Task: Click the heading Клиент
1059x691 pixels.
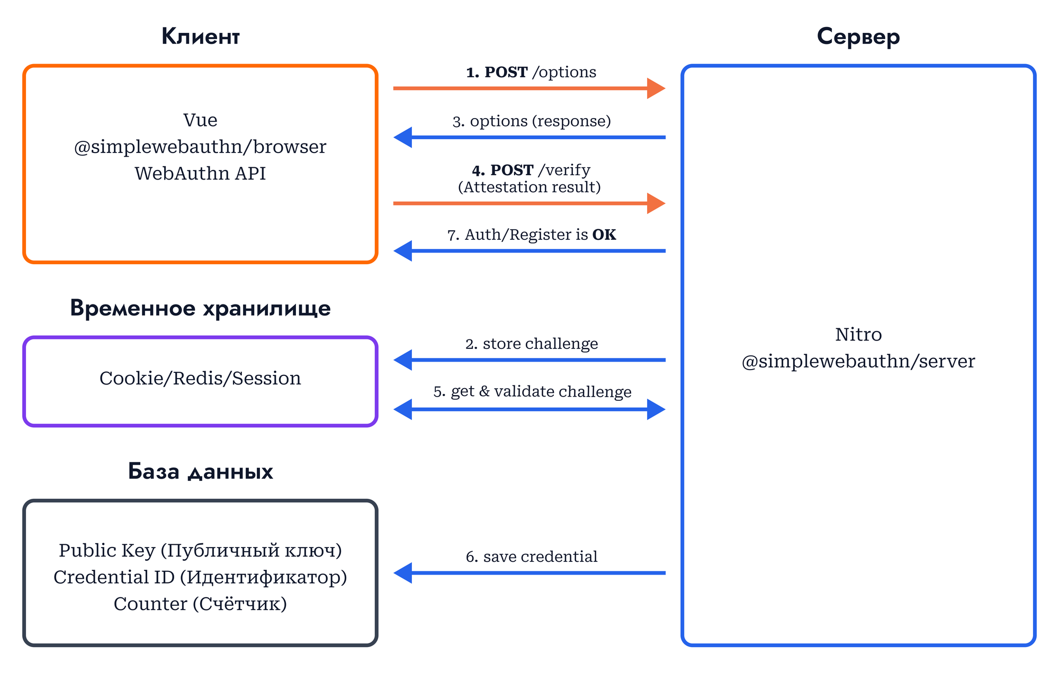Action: coord(200,37)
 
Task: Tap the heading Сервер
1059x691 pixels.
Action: coord(858,37)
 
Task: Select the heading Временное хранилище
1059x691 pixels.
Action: coord(200,308)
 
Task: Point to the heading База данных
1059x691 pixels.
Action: coord(200,471)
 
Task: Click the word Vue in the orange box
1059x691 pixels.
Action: coord(200,120)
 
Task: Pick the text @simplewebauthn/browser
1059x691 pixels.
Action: coord(200,147)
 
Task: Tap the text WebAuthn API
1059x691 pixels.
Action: coord(200,174)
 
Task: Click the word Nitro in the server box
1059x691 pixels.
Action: coord(858,335)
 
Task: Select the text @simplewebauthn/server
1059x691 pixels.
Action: coord(858,361)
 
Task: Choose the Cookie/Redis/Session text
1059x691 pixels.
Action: coord(200,378)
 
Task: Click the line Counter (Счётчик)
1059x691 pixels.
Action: coord(200,604)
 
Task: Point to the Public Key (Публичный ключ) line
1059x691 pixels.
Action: coord(200,551)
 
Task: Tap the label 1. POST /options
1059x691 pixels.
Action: coord(531,72)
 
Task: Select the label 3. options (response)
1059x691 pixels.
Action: coord(532,121)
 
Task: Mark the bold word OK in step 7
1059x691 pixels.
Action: coord(604,235)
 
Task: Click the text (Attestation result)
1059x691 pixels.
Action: coord(529,187)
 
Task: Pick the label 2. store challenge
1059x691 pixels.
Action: coord(532,344)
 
